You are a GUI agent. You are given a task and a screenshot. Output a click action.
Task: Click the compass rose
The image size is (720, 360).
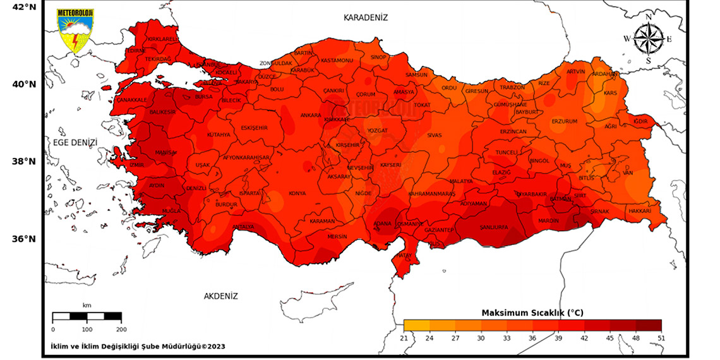(x=648, y=39)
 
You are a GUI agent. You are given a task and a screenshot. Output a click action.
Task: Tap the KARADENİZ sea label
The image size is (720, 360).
(x=365, y=18)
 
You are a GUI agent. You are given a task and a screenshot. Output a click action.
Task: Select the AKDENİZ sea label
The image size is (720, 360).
(x=220, y=296)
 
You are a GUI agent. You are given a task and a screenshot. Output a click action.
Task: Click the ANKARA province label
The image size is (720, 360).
(x=311, y=116)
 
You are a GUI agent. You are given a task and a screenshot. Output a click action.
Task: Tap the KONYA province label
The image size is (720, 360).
(x=297, y=193)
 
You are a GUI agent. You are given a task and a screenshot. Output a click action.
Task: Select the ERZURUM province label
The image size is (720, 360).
(x=565, y=121)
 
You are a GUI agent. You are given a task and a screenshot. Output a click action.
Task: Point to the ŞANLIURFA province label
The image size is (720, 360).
(x=494, y=227)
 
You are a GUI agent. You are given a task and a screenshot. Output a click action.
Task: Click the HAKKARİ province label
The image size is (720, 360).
(x=639, y=211)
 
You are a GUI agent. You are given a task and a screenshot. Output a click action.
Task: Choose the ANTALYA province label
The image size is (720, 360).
(x=243, y=227)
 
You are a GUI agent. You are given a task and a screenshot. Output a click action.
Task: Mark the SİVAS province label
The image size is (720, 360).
(x=435, y=135)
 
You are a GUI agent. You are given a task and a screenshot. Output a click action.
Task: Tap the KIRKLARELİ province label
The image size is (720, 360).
(x=163, y=39)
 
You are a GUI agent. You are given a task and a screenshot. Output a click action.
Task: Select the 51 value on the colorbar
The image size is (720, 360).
(x=661, y=338)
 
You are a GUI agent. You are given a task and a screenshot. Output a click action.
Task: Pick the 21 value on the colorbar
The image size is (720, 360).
(x=404, y=338)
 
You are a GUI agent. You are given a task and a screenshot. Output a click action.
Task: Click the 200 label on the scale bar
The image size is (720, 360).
(x=121, y=329)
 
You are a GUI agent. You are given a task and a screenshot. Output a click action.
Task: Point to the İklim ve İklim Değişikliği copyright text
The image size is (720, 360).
(x=138, y=346)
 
